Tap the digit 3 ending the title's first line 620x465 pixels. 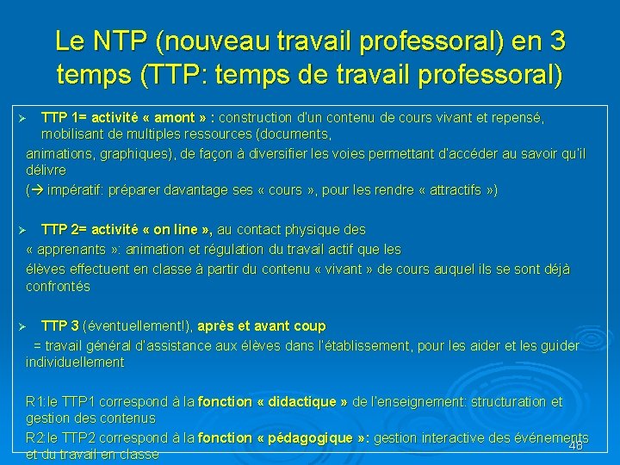point(557,40)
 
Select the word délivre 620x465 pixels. point(46,171)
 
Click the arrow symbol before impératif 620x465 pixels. point(39,190)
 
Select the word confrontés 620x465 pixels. point(58,287)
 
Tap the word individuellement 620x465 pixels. point(75,363)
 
